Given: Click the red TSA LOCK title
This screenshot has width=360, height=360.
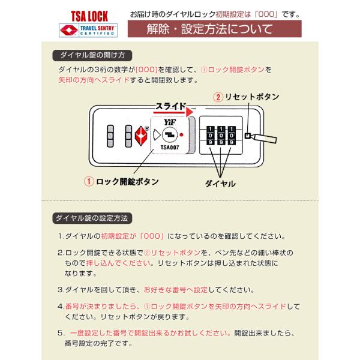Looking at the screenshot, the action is pos(89,16).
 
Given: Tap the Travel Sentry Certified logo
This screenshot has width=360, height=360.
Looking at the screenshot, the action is pos(88,30).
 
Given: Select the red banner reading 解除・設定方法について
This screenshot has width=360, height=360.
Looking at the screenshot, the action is pos(214,29).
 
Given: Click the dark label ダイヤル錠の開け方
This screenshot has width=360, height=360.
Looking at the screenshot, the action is pos(92,55).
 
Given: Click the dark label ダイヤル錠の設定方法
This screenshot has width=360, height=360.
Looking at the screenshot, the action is pos(92,218).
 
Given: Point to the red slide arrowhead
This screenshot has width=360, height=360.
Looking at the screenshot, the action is pos(190,112).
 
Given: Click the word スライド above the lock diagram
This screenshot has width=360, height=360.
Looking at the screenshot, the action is pos(170,106).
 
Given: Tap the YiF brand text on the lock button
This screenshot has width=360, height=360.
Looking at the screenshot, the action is pos(169,122).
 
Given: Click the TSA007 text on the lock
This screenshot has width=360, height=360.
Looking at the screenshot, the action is pos(170,148).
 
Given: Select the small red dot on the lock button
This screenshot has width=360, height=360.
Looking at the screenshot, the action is pos(181,135).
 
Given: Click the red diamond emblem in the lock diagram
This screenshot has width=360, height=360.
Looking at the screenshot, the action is pos(140,136).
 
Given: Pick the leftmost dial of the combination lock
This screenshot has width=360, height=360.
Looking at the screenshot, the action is pos(211,136).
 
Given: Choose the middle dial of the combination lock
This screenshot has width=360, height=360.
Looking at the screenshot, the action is pos(221,136).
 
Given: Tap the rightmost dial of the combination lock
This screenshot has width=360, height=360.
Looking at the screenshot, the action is pos(232,136).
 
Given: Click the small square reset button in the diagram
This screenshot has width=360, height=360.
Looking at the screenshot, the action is pos(247,136).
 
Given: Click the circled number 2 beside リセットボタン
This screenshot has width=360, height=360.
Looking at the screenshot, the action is pos(218,97).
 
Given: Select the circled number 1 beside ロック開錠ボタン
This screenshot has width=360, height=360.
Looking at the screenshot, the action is pos(89,182).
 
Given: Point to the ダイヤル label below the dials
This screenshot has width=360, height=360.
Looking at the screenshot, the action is pos(220,184).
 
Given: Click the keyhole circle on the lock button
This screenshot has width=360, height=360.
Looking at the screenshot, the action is pos(170,135).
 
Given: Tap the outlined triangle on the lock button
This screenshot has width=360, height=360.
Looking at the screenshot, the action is pos(157,135).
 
